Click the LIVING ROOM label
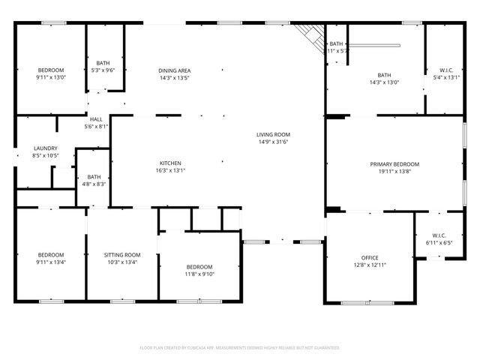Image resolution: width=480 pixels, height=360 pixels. tap(273, 133)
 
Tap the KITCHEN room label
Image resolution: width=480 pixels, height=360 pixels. tap(170, 163)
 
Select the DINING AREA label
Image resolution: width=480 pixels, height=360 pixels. tap(174, 70)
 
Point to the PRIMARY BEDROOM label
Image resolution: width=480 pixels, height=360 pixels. tap(394, 163)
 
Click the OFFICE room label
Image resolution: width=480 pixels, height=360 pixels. tap(370, 257)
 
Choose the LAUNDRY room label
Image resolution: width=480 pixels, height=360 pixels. tap(45, 148)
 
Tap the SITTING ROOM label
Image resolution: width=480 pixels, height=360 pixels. tap(121, 255)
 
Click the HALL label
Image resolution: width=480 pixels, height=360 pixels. tap(97, 119)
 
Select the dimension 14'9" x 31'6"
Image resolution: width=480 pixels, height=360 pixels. tap(273, 141)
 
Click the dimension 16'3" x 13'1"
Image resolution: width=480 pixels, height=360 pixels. tap(170, 170)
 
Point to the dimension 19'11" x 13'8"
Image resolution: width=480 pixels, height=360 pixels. tap(394, 171)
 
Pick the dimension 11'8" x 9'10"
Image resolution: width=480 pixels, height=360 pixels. tap(199, 274)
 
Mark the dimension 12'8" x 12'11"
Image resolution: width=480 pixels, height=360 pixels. tap(370, 265)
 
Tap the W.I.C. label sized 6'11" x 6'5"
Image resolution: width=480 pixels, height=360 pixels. tap(436, 236)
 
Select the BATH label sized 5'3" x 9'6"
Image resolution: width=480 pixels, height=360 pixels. tap(103, 63)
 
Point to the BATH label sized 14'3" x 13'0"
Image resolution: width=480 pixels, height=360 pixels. tap(384, 75)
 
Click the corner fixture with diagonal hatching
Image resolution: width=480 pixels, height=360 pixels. tap(307, 33)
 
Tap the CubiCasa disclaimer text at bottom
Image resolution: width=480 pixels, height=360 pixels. tap(240, 348)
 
